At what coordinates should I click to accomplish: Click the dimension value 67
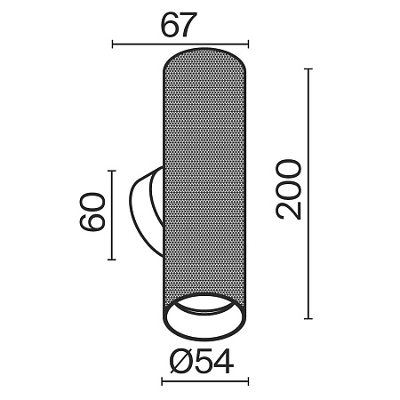(179, 25)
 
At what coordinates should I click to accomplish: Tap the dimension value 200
(289, 189)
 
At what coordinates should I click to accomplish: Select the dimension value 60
(92, 212)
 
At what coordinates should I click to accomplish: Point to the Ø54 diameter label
(202, 361)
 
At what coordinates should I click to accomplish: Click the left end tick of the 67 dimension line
(113, 44)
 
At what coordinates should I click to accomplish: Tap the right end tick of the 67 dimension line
(248, 44)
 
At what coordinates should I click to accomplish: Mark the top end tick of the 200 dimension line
(308, 69)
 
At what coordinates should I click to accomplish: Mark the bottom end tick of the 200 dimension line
(308, 319)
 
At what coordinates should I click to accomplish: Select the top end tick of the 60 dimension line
(112, 171)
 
